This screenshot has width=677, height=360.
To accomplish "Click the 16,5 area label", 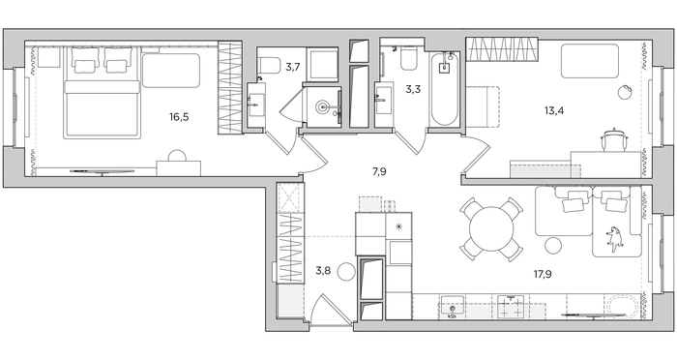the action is coord(179,117).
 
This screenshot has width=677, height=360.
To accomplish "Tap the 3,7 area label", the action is coord(292,67).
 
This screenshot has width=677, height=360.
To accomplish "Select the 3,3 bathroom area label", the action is coord(413,89).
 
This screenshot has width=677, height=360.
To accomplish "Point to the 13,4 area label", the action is coord(554,110).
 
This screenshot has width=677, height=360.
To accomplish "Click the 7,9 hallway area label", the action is coord(379,172).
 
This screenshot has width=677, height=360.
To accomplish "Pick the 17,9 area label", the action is coord(543,274).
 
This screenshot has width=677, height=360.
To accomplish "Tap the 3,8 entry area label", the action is coord(323,271).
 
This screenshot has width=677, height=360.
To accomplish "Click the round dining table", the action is coord(491,229).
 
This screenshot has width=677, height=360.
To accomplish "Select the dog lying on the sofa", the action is coord(615,238).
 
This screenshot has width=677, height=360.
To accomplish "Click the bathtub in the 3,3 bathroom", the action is coord(444,89).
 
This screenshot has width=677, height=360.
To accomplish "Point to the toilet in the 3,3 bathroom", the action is coord(407,58).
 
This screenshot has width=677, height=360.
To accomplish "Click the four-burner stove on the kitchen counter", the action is coord(512,307).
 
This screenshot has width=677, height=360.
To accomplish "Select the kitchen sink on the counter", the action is coord(452,307).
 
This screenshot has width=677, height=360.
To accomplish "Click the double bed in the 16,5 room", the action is coord(103,93).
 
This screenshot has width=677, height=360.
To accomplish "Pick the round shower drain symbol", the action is coord(322,106).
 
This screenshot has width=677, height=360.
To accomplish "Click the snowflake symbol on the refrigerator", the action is coord(398,225).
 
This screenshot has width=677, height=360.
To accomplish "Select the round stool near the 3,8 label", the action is coord(346,272).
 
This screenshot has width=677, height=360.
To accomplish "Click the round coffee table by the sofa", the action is coord(553,247).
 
